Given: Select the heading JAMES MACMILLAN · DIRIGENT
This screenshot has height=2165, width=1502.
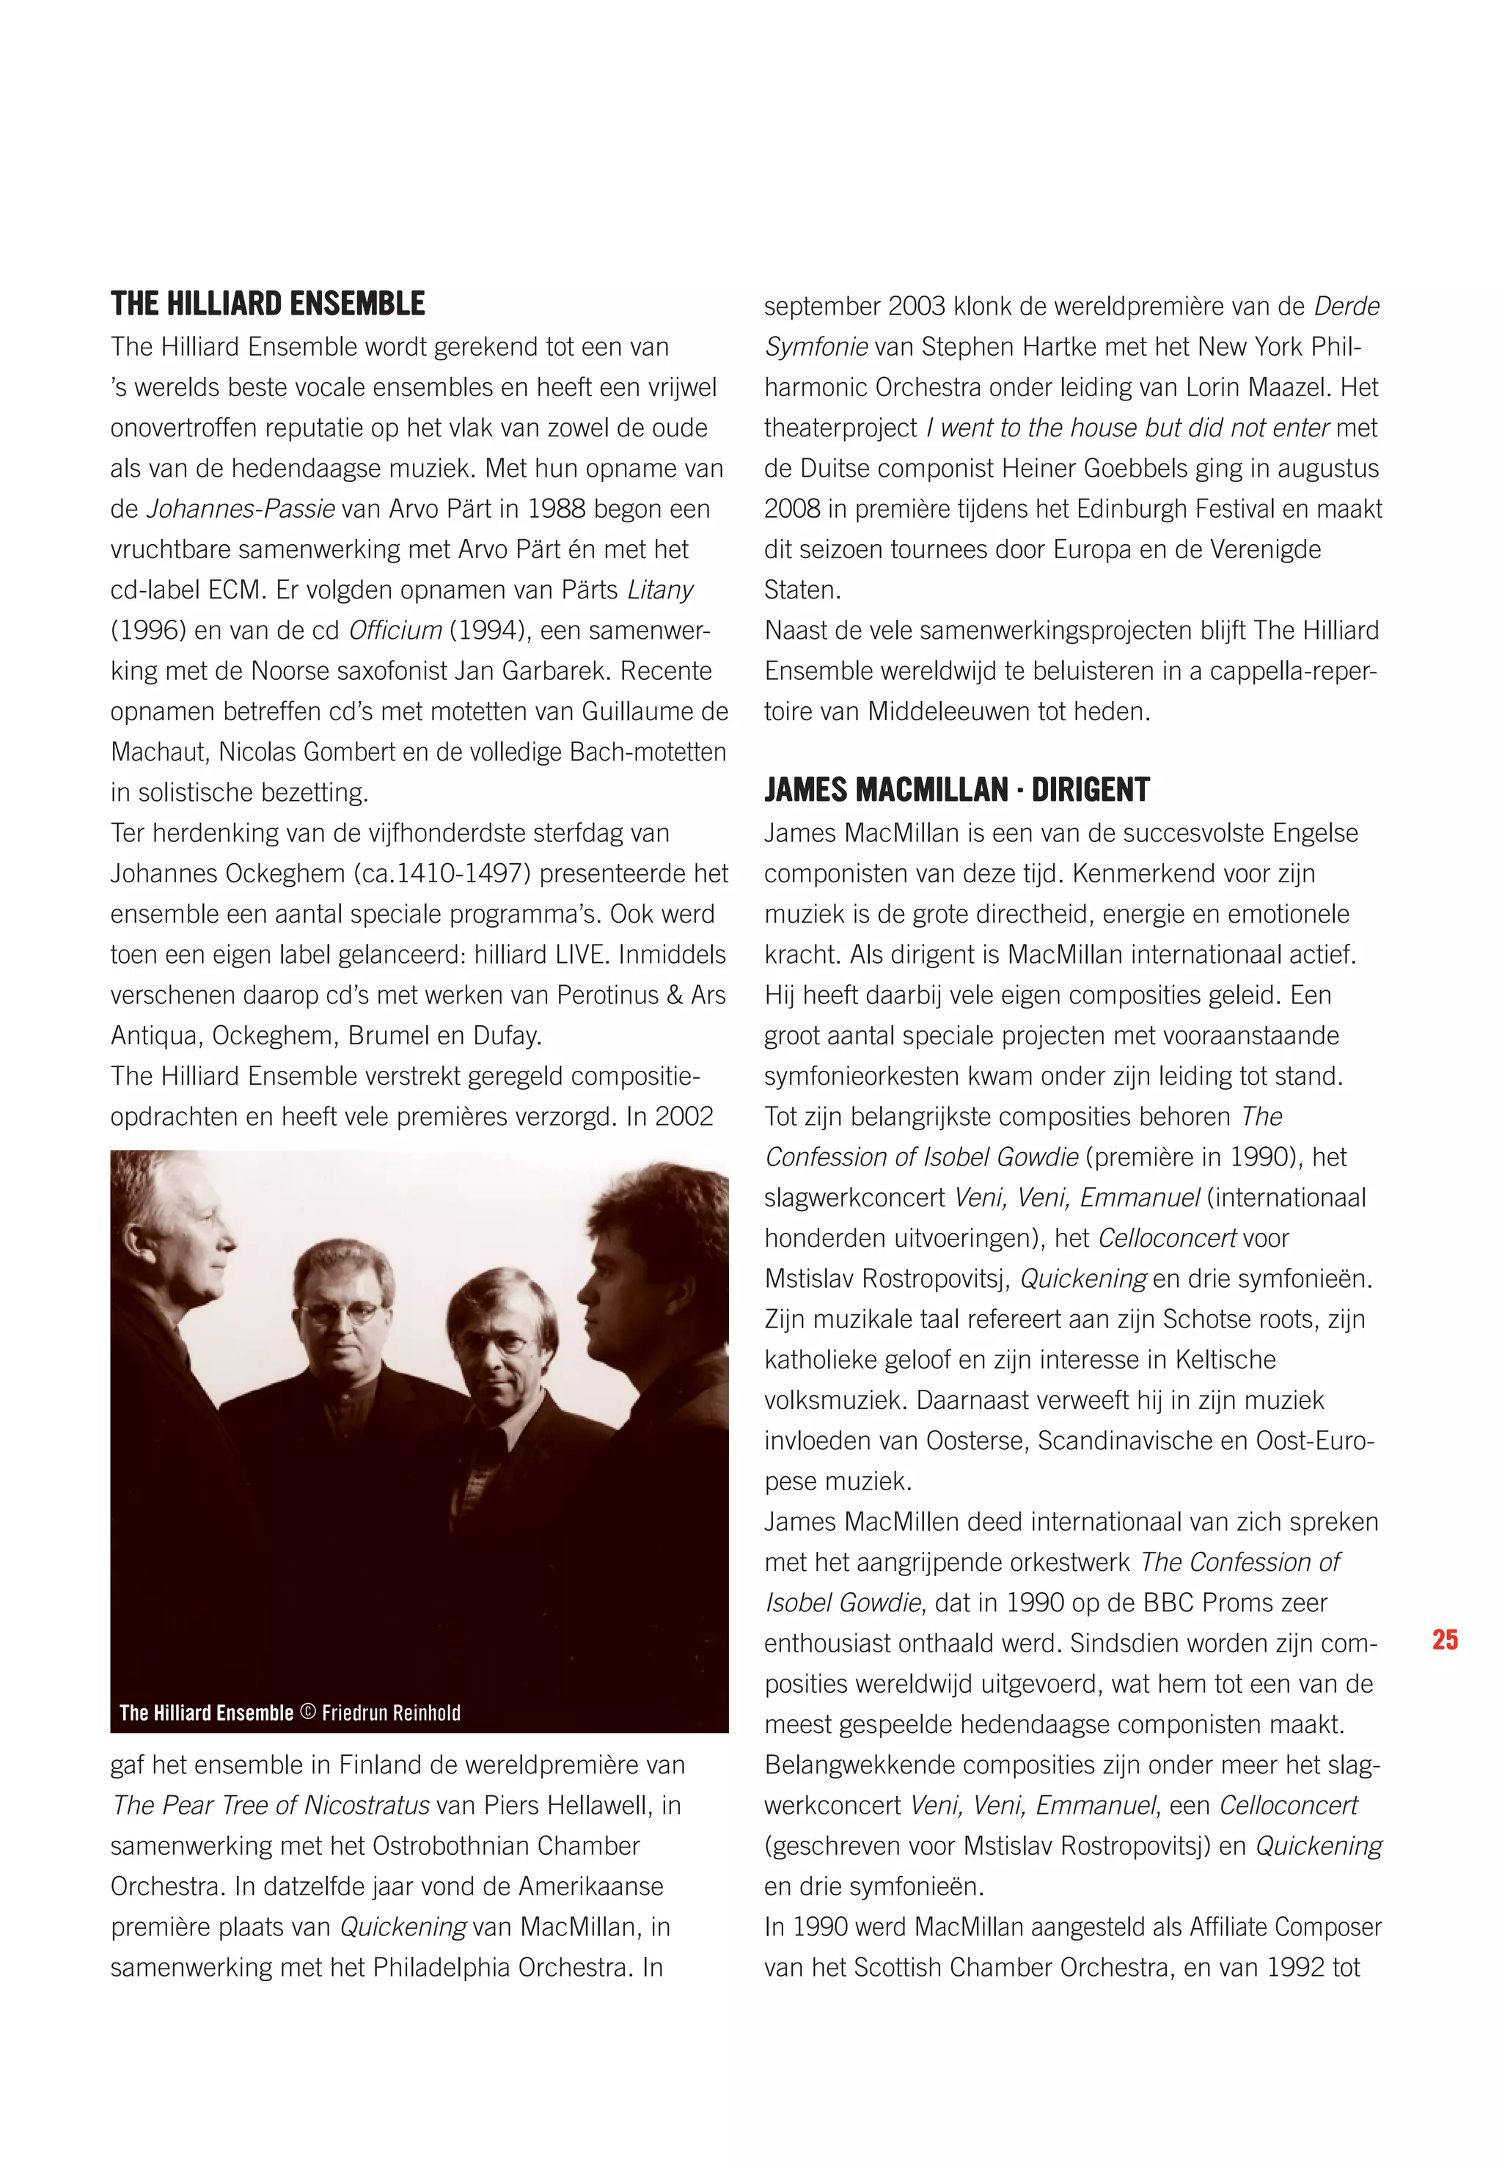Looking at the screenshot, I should (x=956, y=789).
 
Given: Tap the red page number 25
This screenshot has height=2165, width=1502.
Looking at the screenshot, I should (x=1445, y=1640).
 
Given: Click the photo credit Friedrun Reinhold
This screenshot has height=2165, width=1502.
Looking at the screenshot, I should (x=391, y=1712).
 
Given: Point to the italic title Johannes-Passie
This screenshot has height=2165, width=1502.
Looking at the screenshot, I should (x=241, y=509).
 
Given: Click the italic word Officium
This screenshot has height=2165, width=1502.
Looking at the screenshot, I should (x=395, y=631).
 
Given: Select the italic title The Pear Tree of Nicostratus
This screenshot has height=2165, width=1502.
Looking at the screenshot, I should (x=271, y=1805).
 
